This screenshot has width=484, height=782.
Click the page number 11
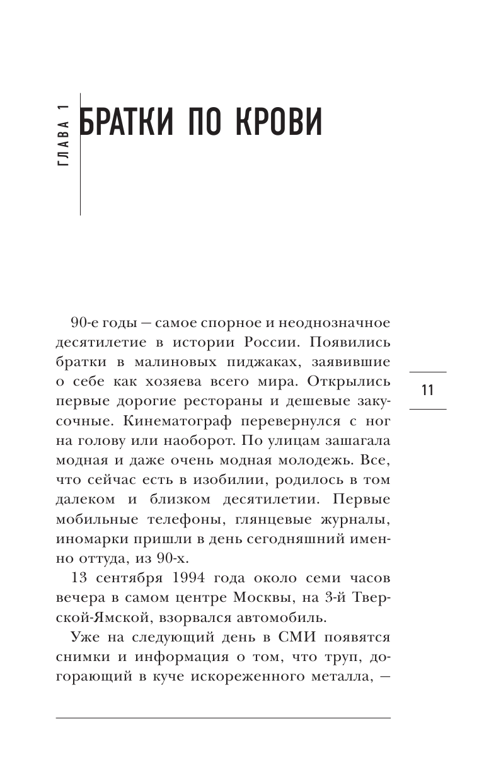(x=427, y=390)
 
